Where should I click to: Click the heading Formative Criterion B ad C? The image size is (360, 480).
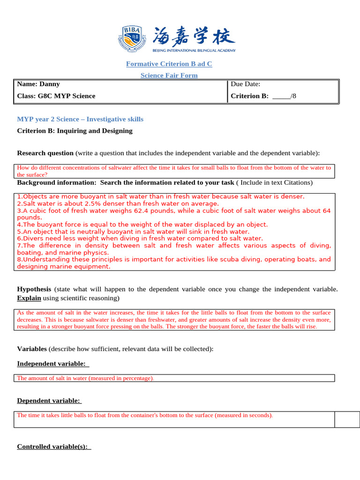[169, 64]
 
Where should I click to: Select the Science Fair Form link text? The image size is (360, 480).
[169, 75]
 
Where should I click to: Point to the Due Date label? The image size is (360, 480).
[245, 84]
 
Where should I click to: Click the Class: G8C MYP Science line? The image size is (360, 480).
[56, 96]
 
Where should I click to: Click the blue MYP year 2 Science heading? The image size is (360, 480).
[80, 120]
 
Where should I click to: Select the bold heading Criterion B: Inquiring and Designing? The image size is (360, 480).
[75, 131]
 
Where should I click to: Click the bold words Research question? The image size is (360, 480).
[45, 153]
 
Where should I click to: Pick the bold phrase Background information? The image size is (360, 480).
[56, 182]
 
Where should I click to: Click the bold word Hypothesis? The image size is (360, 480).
[35, 289]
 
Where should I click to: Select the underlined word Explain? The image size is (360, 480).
[29, 298]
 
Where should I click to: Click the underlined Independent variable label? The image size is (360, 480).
[52, 364]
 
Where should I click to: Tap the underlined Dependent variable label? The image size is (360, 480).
[49, 401]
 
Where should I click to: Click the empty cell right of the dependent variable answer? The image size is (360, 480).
[347, 420]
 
